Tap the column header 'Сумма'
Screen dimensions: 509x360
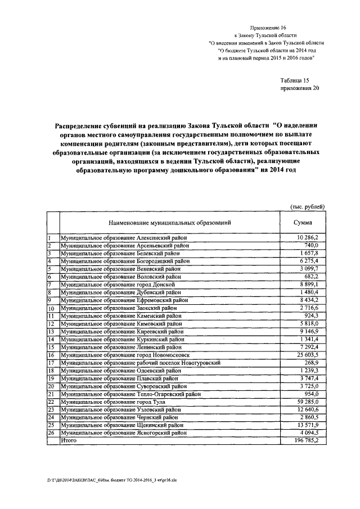[x=307, y=222]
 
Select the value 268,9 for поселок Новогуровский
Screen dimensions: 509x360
[x=310, y=363]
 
